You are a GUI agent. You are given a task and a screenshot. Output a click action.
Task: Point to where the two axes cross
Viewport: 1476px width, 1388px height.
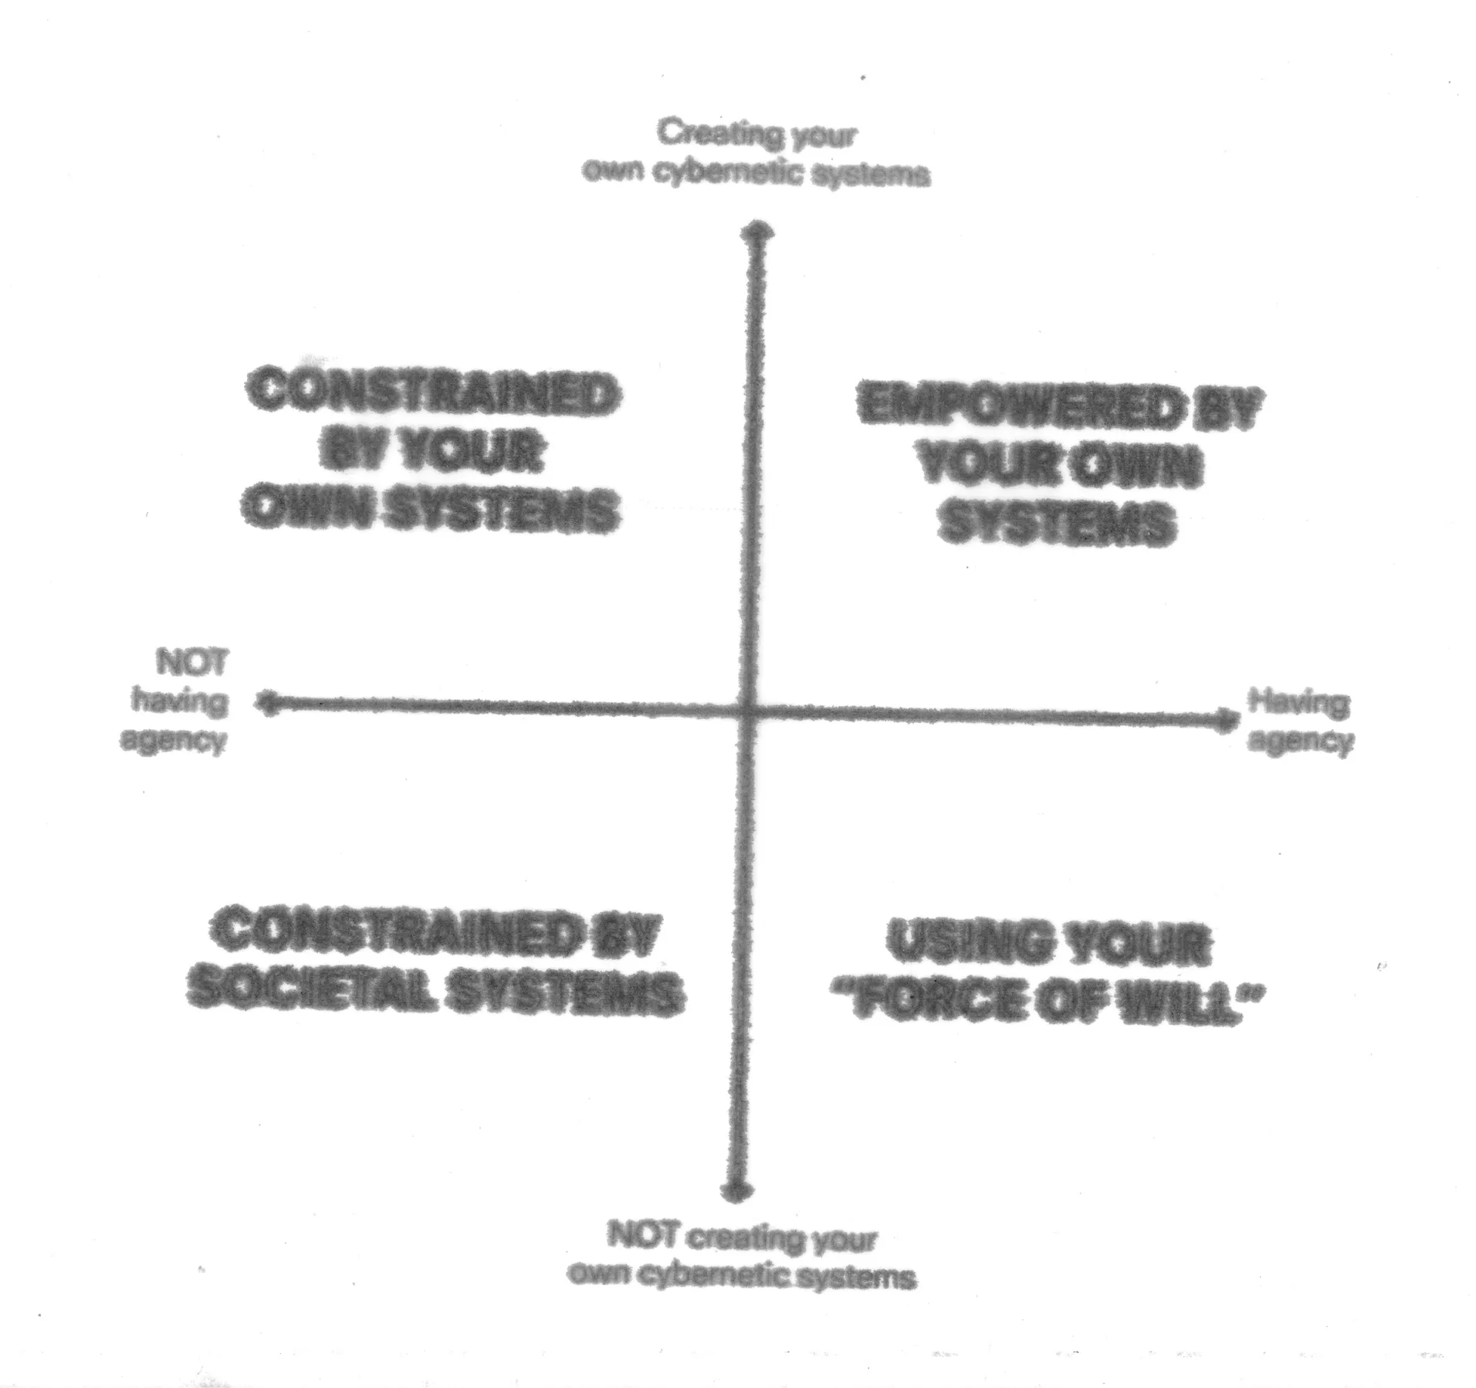pyautogui.click(x=746, y=711)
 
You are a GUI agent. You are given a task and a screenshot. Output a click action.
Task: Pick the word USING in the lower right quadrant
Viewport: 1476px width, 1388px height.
pyautogui.click(x=963, y=944)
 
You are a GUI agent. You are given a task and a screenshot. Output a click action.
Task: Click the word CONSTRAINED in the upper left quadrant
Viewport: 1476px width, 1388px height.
pyautogui.click(x=433, y=394)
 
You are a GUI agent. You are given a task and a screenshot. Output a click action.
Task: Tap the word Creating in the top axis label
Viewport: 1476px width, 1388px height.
pyautogui.click(x=718, y=134)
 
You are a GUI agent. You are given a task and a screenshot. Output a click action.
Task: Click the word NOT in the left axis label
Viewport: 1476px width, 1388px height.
pyautogui.click(x=192, y=663)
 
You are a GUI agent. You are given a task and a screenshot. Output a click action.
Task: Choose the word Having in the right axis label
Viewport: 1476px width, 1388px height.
pyautogui.click(x=1298, y=703)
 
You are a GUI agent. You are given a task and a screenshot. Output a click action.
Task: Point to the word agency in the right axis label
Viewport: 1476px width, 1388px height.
pyautogui.click(x=1300, y=742)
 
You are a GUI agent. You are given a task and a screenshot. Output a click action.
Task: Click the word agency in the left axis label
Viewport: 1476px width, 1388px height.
pyautogui.click(x=173, y=740)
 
